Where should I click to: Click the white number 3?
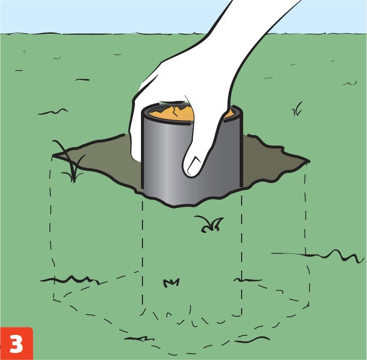(16, 344)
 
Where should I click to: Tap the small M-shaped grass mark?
(171, 283)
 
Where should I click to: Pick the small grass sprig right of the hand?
(297, 109)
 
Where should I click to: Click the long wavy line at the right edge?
(318, 255)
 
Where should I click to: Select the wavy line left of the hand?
(53, 112)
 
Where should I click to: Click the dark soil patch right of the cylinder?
(271, 161)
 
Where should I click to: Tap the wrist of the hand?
(262, 19)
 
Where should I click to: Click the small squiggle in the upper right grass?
(350, 83)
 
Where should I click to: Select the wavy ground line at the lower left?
(70, 280)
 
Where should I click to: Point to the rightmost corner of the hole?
(310, 161)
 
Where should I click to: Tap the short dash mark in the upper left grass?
(19, 70)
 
